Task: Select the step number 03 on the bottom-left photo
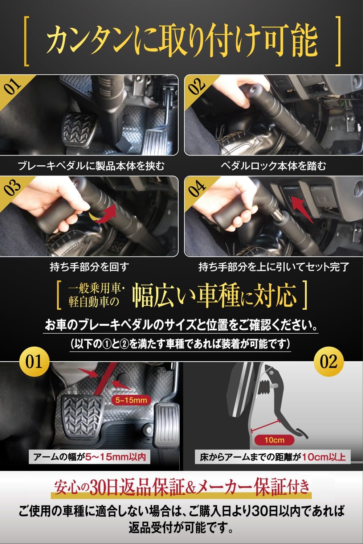point(13,188)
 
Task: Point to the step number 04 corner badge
point(197,188)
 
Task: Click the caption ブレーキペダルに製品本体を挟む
point(91,166)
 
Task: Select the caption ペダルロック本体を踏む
point(273,166)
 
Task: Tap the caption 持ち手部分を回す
point(89,267)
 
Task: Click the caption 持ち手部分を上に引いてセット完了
point(273,267)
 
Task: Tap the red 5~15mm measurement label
point(131,400)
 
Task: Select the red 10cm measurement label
point(274,440)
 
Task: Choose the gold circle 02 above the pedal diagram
point(329,362)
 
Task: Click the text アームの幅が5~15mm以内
point(89,457)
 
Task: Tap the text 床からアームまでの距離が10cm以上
point(272,457)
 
